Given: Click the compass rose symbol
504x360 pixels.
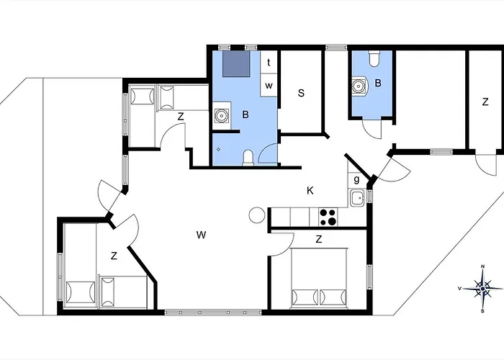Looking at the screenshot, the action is coord(482,289).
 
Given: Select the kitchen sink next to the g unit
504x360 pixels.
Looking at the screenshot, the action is coord(357,198).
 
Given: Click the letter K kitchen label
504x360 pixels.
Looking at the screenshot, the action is coord(310,191).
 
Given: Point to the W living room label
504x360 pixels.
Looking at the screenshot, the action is coord(201,235).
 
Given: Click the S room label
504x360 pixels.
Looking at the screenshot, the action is coord(301,93).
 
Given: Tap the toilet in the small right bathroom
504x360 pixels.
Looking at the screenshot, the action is coord(374,58).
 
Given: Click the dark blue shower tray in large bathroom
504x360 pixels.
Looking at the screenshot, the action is coord(237,63).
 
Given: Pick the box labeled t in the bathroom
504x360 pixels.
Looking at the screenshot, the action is coord(269,62).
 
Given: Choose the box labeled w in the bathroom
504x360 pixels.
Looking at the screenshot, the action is coord(269,85).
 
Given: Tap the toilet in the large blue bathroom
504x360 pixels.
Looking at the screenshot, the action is coord(248,158).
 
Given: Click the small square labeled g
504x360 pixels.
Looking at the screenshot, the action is coord(357,180).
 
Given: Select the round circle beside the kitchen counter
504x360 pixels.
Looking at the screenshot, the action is coord(257,215).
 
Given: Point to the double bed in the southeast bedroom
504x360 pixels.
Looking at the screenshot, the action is coord(319,277).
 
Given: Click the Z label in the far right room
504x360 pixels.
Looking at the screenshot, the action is coord(485,102).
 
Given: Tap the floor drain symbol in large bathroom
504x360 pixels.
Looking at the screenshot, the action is coord(219,149).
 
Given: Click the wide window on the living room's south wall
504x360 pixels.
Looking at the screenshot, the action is coord(213,312).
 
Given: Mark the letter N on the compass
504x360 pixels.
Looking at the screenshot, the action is coord(482,266).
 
